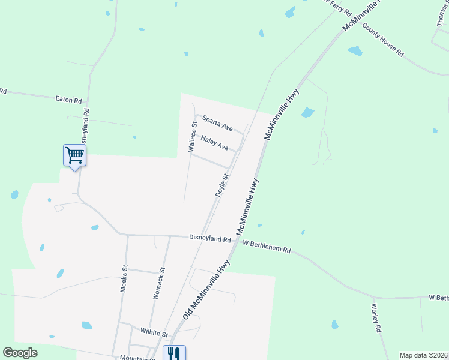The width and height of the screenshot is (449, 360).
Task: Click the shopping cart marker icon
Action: coord(74,156)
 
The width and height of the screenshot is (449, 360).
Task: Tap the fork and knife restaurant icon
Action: coord(173,353)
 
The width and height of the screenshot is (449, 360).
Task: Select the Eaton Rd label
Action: coord(68,100)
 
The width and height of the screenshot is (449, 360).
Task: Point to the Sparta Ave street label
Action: coord(217,124)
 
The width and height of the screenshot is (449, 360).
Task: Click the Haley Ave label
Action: coord(215,143)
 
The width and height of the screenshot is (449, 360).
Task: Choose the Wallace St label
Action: coord(193,137)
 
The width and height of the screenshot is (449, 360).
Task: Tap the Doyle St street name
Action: coord(222,185)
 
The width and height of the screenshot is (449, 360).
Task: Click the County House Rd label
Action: coord(383,40)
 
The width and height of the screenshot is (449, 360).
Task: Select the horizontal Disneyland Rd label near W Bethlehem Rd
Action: coord(209,239)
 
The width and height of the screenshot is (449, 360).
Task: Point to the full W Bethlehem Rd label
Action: coord(267,246)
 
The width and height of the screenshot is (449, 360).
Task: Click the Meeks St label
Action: coord(124,279)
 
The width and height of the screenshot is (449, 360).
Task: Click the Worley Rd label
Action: coord(376,318)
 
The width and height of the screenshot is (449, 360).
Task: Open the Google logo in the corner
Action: coord(20,353)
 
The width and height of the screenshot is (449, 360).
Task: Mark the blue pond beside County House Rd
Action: coord(355,51)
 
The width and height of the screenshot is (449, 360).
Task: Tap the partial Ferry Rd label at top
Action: coord(337,6)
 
